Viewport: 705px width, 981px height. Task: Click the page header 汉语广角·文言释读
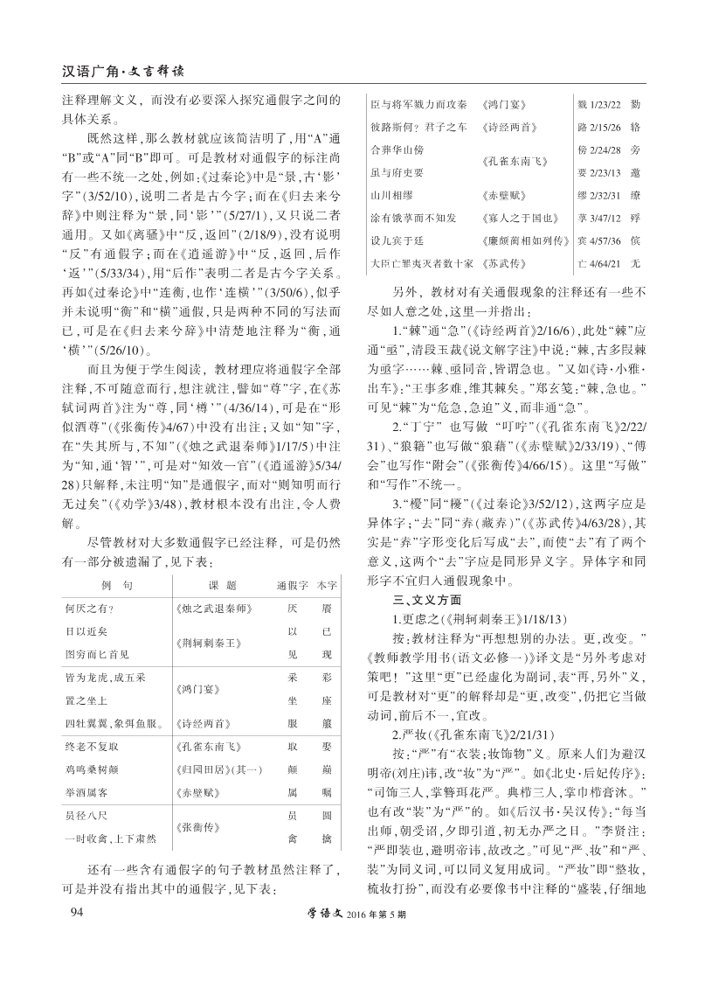click(x=128, y=69)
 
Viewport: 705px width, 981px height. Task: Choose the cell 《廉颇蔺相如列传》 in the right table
click(x=522, y=239)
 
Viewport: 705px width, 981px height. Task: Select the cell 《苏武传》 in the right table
click(x=502, y=261)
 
